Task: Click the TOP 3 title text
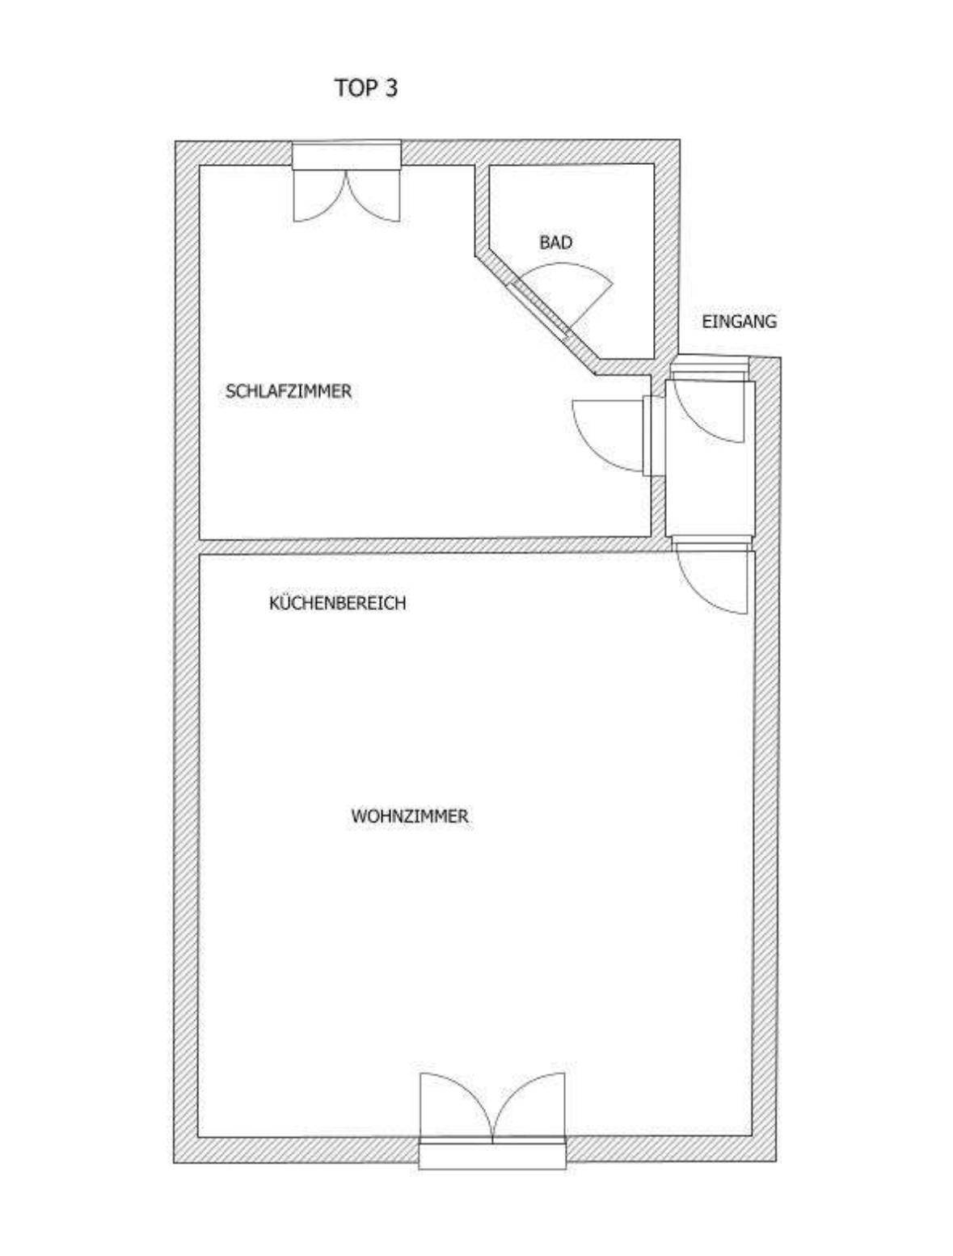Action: pyautogui.click(x=366, y=88)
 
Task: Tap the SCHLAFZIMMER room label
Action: pyautogui.click(x=289, y=391)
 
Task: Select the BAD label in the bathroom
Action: pyautogui.click(x=555, y=242)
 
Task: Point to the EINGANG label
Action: pyautogui.click(x=739, y=321)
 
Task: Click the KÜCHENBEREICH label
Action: pyautogui.click(x=337, y=603)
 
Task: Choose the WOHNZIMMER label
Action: pyautogui.click(x=409, y=816)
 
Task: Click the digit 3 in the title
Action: pyautogui.click(x=391, y=88)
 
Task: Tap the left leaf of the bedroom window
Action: pyautogui.click(x=319, y=194)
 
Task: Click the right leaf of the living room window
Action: pyautogui.click(x=529, y=1103)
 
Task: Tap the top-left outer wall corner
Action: pyautogui.click(x=188, y=153)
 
